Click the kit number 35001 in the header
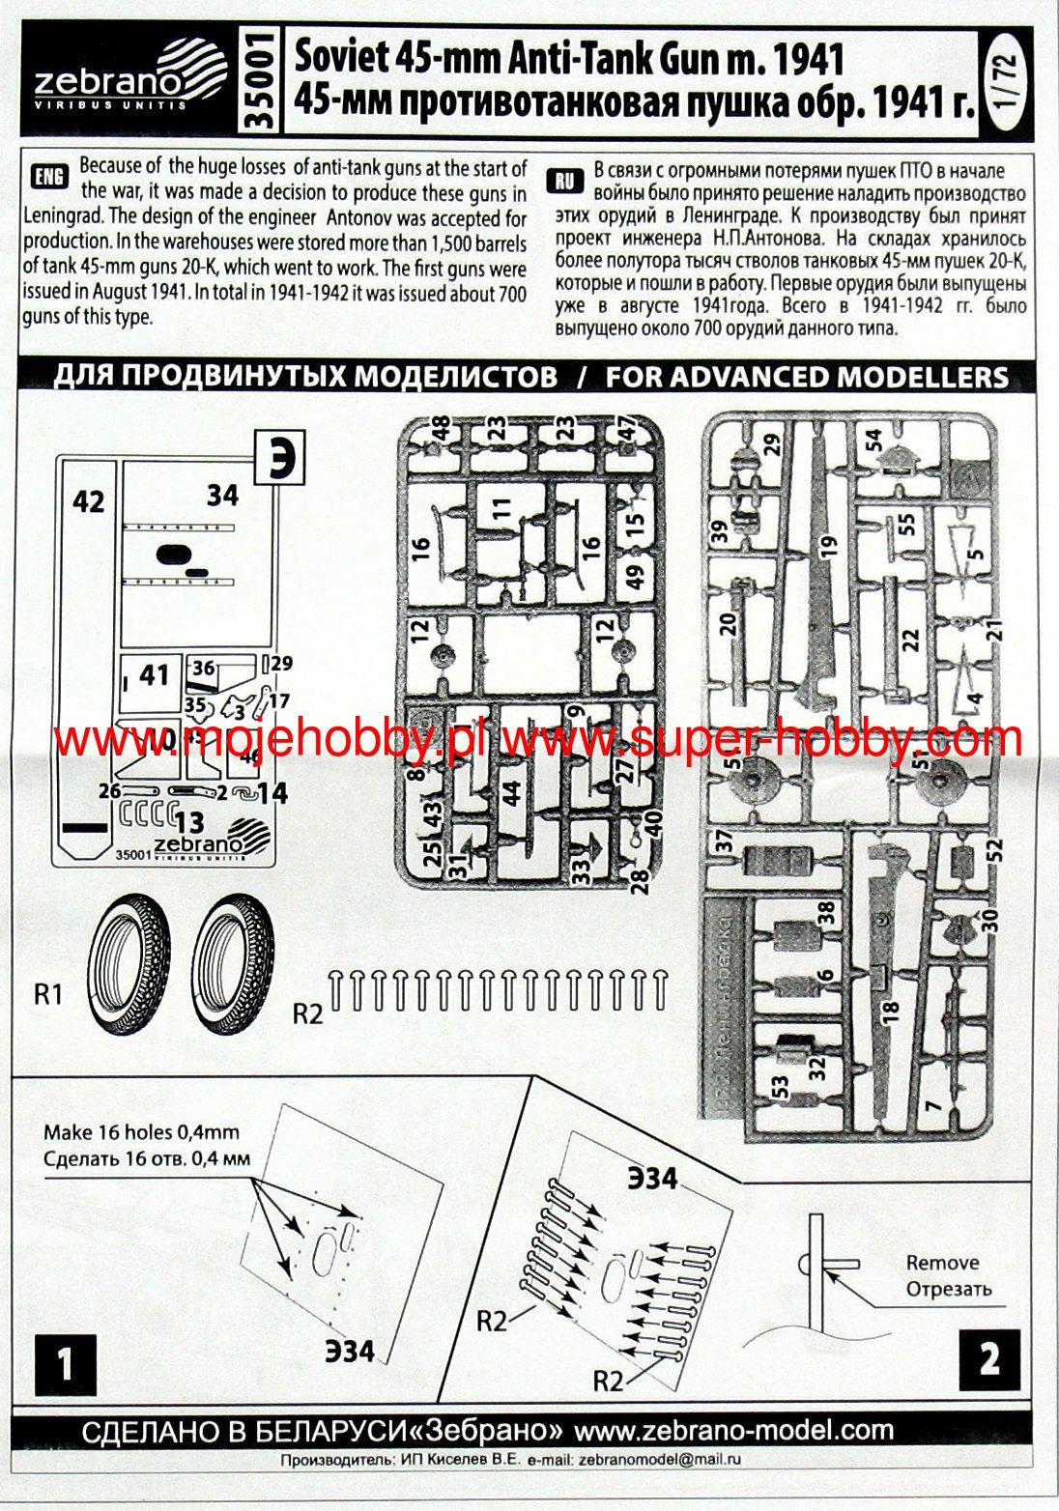pos(260,81)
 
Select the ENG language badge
pos(48,176)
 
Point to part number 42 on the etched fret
pos(88,501)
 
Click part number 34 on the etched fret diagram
pos(222,495)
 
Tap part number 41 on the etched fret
pos(155,673)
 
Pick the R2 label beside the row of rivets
pos(307,1013)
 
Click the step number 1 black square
pos(65,1364)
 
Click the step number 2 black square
pos(989,1359)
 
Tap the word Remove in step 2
pos(942,1263)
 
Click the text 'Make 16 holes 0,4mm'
pos(141,1132)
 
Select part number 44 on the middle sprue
pos(512,792)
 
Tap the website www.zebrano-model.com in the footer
pos(733,1430)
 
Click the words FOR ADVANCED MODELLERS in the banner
pos(807,377)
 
